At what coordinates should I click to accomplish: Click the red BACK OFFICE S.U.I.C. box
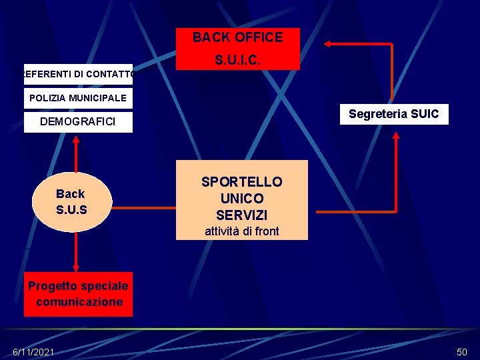[x=238, y=49]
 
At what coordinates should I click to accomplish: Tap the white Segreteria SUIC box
[x=393, y=114]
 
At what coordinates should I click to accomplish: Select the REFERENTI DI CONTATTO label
[x=79, y=74]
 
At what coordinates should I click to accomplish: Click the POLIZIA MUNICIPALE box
[x=78, y=98]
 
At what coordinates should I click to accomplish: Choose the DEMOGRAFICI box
[x=78, y=121]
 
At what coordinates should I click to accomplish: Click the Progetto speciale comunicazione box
[x=79, y=294]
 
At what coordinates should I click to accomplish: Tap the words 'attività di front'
[x=242, y=231]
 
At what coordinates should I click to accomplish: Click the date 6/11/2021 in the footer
[x=34, y=351]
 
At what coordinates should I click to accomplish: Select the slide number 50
[x=461, y=351]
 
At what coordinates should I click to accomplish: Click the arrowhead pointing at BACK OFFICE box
[x=328, y=44]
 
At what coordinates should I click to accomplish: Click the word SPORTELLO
[x=242, y=182]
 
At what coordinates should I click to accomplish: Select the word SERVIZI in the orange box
[x=242, y=215]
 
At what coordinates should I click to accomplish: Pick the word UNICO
[x=242, y=199]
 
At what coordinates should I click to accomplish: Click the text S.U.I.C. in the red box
[x=238, y=60]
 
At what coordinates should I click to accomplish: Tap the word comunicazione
[x=79, y=302]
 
